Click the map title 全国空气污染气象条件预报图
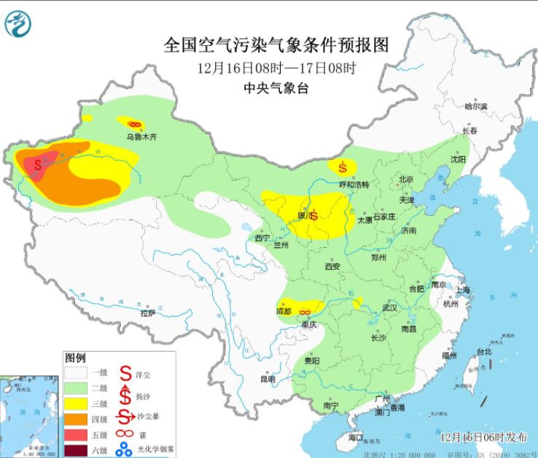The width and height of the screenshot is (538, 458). click(x=276, y=45)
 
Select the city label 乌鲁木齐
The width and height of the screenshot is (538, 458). click(x=141, y=136)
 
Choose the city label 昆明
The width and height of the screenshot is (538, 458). click(x=268, y=379)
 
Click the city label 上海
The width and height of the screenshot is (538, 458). click(x=464, y=290)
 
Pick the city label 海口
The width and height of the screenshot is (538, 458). click(x=355, y=436)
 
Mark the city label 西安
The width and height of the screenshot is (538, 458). click(x=333, y=267)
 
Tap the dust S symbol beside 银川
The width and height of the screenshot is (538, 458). click(x=314, y=216)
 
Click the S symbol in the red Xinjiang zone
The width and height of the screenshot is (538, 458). click(x=38, y=164)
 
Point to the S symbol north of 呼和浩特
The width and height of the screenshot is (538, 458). click(x=342, y=167)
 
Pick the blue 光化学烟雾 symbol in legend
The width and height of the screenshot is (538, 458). click(x=125, y=448)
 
